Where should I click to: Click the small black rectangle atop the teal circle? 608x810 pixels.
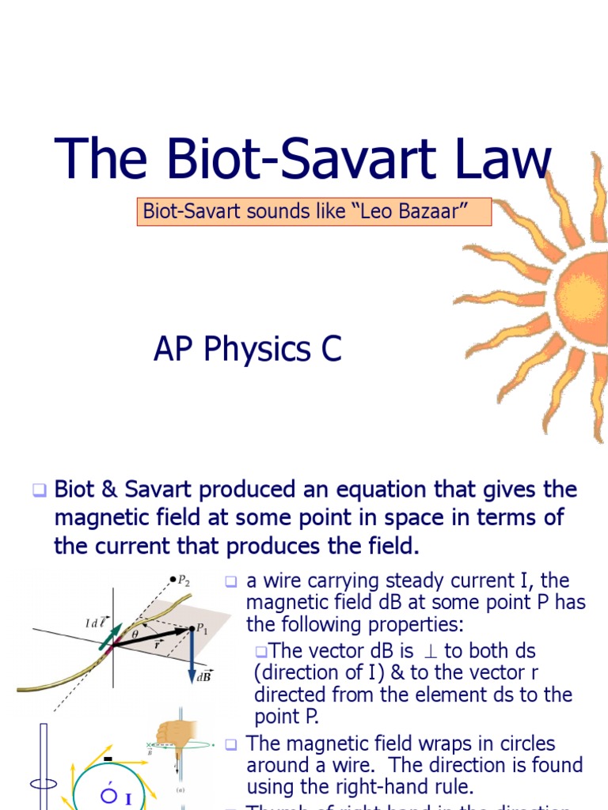[x=107, y=760]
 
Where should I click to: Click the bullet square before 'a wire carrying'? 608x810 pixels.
[x=231, y=581]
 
